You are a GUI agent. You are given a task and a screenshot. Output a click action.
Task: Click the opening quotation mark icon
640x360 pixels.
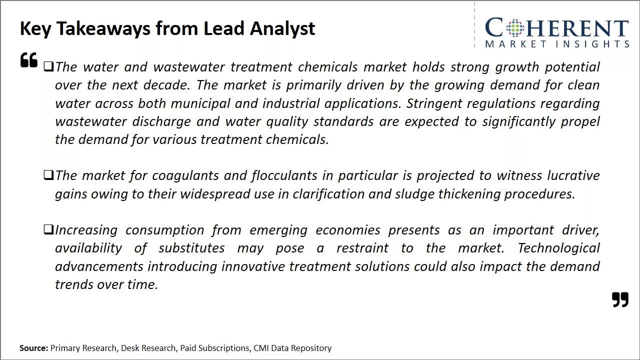[x=29, y=60]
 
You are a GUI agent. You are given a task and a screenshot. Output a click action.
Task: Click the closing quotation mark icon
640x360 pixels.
[x=620, y=299]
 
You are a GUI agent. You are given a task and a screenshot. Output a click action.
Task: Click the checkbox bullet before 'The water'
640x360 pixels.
[x=48, y=66]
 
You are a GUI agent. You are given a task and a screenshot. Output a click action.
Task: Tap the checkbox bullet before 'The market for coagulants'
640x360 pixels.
[x=48, y=175]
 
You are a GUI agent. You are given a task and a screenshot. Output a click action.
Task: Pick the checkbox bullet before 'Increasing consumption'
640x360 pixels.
[x=48, y=229]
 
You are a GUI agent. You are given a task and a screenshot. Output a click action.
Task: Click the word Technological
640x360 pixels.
[x=558, y=248]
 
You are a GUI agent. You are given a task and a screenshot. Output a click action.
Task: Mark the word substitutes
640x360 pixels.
[x=191, y=248]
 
